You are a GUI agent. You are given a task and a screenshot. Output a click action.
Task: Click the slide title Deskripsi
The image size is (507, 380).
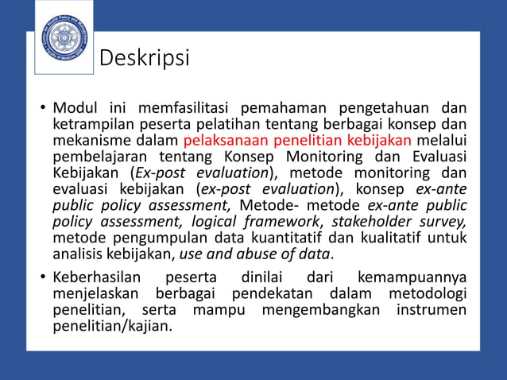point(144,59)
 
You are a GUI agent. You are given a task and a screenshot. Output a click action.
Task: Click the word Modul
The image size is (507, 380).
point(72,108)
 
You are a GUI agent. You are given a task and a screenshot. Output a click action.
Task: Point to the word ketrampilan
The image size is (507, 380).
point(89,125)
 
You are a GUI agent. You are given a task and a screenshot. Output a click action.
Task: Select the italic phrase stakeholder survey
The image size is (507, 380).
point(399,222)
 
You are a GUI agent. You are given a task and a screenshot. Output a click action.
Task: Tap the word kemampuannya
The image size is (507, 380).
point(412,277)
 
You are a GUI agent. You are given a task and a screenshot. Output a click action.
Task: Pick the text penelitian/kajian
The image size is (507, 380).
point(111,325)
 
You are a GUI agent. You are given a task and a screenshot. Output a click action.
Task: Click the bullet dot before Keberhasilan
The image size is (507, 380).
point(43,278)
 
